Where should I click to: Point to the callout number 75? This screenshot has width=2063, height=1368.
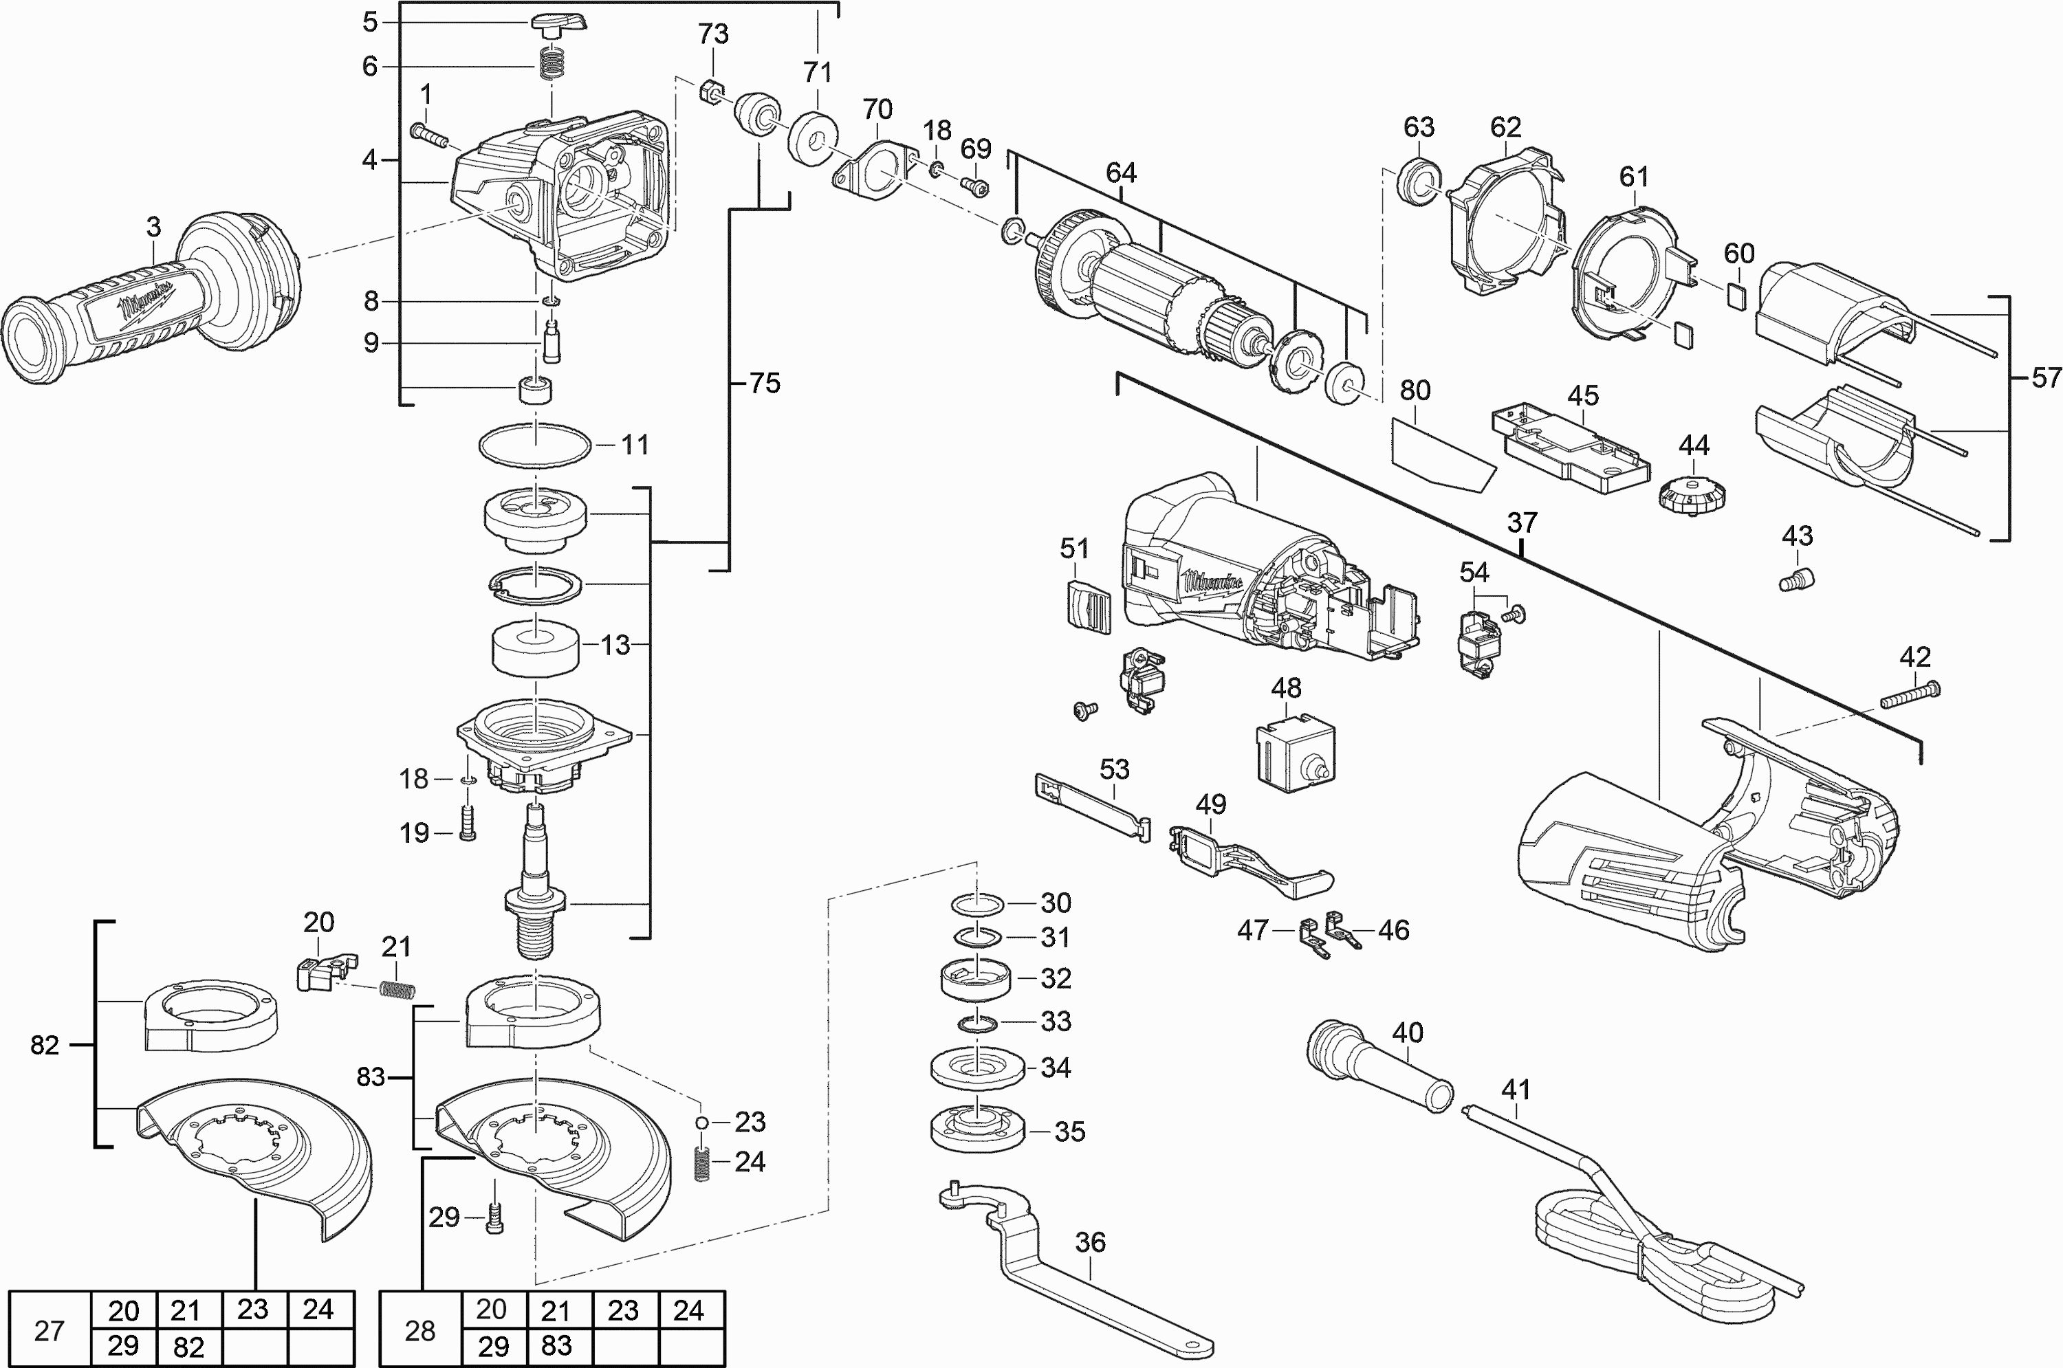(765, 383)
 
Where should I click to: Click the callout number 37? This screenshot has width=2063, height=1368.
(1521, 522)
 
